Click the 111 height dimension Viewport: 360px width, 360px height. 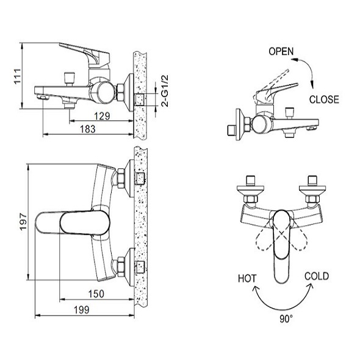click(x=18, y=76)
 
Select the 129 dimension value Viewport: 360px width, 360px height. click(x=102, y=116)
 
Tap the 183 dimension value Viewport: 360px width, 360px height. click(x=87, y=129)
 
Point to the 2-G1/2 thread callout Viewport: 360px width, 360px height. click(x=165, y=91)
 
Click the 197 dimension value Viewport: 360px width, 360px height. click(x=23, y=221)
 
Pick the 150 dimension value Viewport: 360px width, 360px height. click(x=96, y=294)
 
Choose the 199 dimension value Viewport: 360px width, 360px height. click(x=82, y=310)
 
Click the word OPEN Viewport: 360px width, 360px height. click(x=281, y=51)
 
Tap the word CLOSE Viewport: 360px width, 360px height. click(x=324, y=99)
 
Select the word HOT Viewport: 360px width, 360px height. click(x=247, y=278)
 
